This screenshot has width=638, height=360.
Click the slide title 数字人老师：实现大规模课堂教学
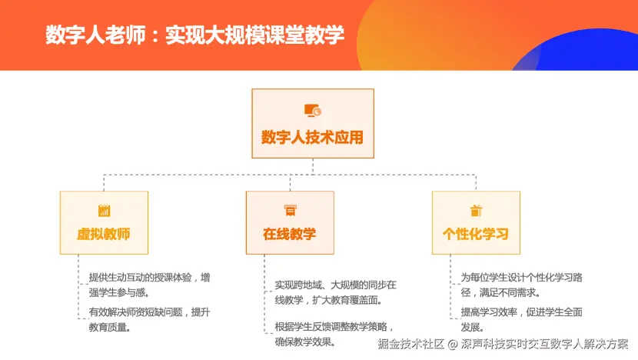[x=195, y=35]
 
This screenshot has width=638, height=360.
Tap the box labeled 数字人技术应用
[x=313, y=123]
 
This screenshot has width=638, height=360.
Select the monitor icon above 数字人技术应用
[x=313, y=111]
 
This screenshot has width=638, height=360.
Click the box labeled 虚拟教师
[x=104, y=223]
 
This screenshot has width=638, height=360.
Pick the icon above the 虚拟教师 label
[x=105, y=211]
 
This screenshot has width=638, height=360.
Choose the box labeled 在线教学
[x=290, y=223]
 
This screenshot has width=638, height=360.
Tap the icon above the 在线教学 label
[x=290, y=211]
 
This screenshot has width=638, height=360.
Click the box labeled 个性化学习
[x=476, y=223]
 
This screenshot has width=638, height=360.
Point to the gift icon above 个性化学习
[x=476, y=211]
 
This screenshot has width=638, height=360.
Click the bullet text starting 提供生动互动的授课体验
[x=149, y=285]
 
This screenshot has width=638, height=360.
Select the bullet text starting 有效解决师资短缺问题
[x=149, y=320]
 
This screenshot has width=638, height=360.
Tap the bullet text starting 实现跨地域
[x=335, y=292]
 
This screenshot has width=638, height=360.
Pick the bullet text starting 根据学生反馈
[x=334, y=334]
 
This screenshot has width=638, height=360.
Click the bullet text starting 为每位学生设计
[x=521, y=285]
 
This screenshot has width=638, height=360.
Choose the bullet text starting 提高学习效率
[x=521, y=320]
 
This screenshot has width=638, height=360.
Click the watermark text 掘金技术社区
[x=411, y=344]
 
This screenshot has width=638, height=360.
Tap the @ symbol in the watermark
[x=453, y=345]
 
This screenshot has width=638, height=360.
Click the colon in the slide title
[x=155, y=36]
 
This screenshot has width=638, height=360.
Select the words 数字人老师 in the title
[x=95, y=35]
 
